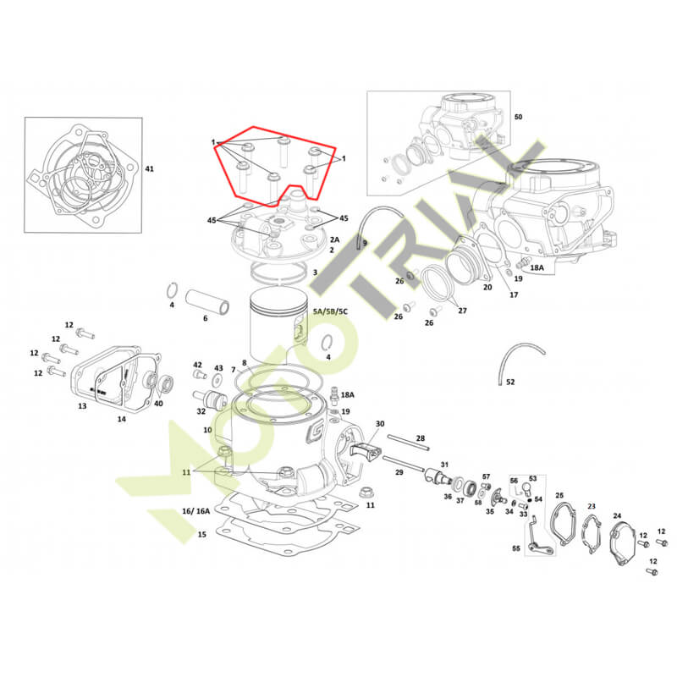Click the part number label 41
pos(149,168)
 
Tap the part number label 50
pos(518,117)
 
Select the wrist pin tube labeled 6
pos(207,301)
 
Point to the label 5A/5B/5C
pos(330,311)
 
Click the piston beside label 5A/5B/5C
pos(279,326)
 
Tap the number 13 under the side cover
pos(82,406)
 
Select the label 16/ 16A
pos(196,511)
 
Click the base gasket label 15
pos(202,534)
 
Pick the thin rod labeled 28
pos(409,443)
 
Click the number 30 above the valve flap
pos(380,424)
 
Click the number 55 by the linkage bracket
pos(516,548)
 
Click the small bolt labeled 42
pos(199,375)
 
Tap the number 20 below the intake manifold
pos(487,287)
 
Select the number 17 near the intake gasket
pos(514,294)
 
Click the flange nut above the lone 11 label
pos(366,492)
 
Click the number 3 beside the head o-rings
pos(315,272)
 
